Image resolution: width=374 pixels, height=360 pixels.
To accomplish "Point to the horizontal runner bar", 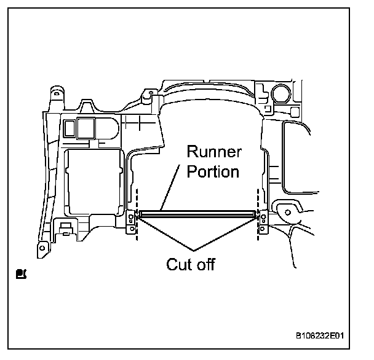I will click(197, 214).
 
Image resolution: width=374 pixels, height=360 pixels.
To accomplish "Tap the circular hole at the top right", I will click(282, 93).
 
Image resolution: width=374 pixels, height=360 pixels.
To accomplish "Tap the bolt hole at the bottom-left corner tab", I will click(42, 248).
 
